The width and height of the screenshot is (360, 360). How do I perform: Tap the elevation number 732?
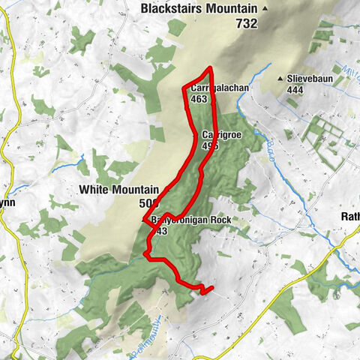click(245, 23)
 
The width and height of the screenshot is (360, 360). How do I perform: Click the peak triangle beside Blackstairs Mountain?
click(265, 9)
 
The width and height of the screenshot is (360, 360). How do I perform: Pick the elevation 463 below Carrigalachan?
click(199, 98)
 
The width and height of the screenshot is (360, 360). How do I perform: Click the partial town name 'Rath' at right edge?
click(349, 217)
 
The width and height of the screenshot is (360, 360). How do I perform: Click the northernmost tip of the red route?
click(210, 68)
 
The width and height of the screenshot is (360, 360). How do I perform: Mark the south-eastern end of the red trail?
click(212, 286)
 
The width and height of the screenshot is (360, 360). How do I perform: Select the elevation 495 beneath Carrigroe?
click(210, 146)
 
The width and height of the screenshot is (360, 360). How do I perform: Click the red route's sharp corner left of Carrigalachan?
click(184, 88)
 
